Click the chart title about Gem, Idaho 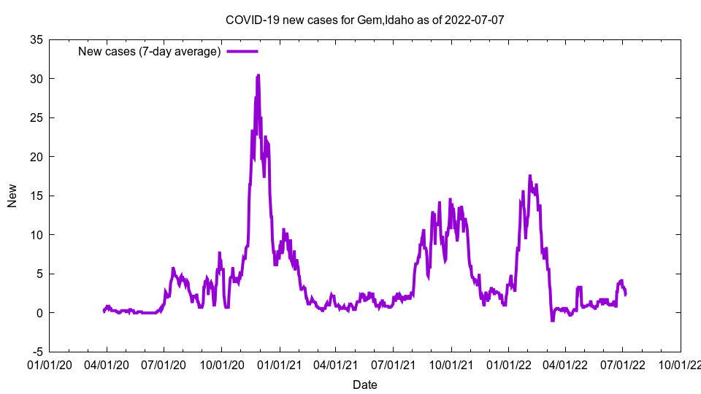[364, 20]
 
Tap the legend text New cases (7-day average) [149, 51]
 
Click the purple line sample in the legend [242, 51]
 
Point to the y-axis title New [12, 196]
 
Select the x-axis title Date [364, 385]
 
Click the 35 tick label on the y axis [36, 39]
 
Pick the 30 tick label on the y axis [36, 79]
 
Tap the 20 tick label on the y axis [36, 157]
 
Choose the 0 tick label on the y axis [39, 313]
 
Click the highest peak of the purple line [258, 75]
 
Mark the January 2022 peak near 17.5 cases [530, 176]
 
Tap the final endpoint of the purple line [625, 294]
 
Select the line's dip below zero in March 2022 [552, 320]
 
